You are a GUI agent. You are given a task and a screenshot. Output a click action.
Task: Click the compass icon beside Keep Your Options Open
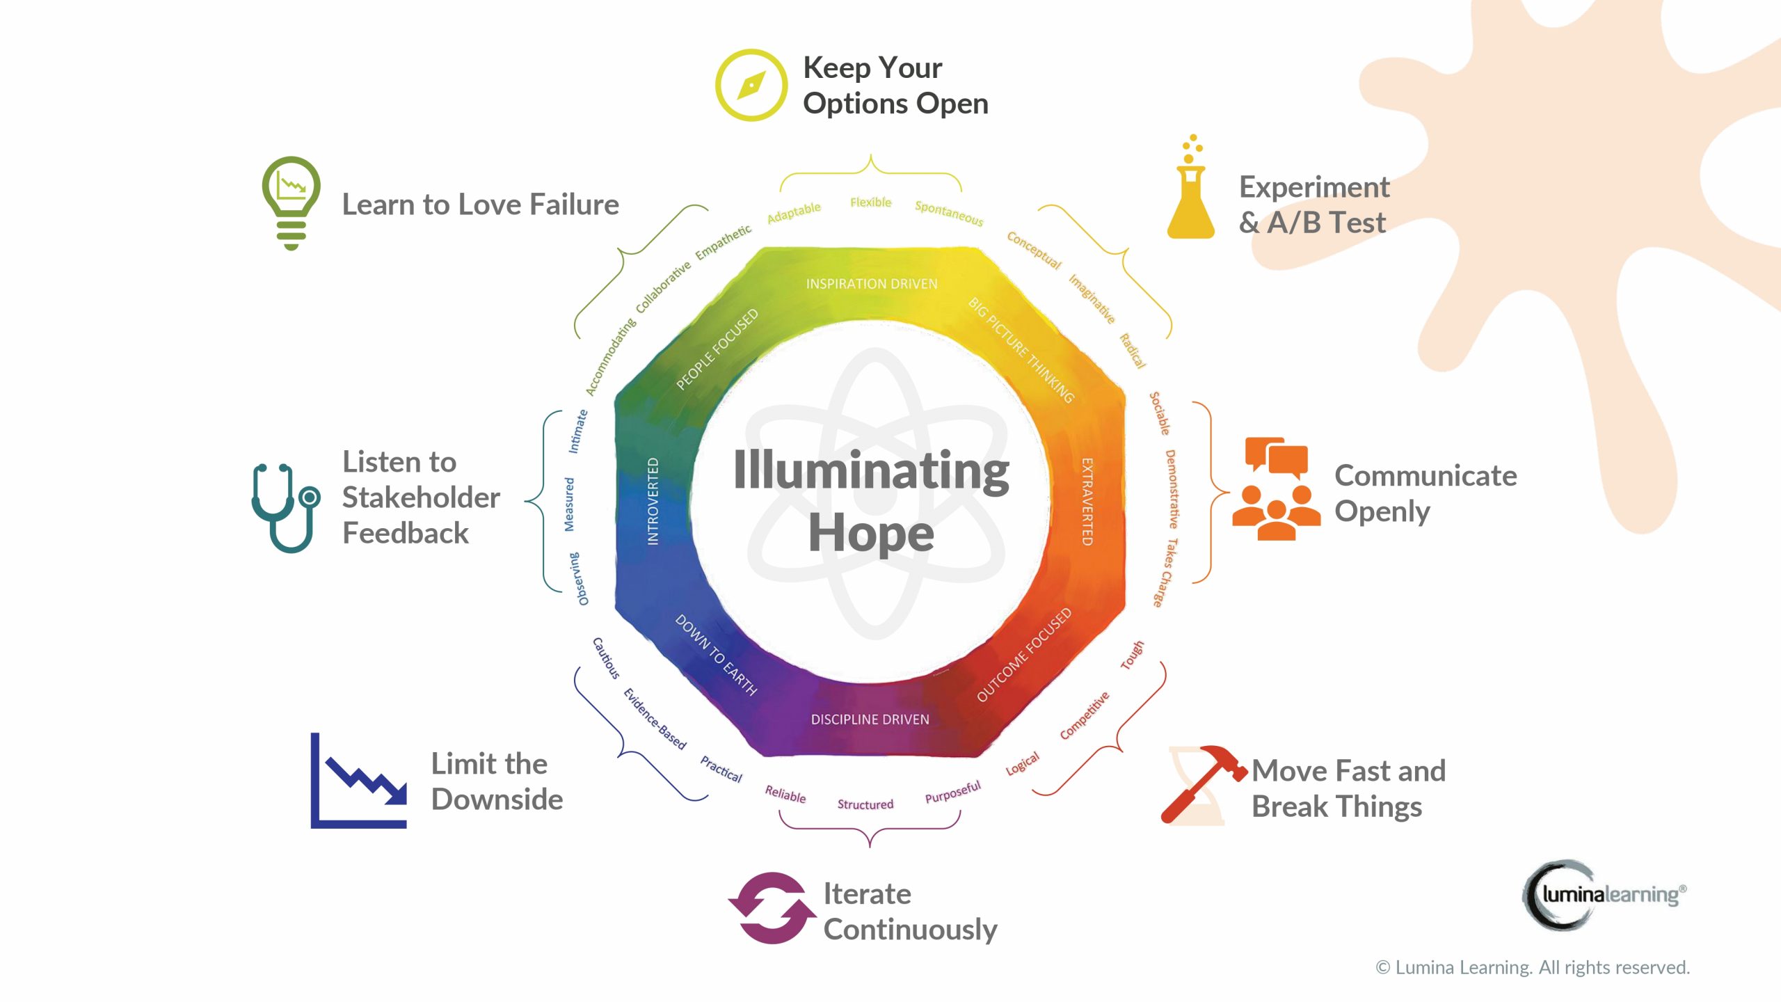(x=751, y=85)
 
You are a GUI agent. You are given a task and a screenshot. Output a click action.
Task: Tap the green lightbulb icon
(x=291, y=202)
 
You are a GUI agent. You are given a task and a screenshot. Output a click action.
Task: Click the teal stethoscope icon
(x=285, y=507)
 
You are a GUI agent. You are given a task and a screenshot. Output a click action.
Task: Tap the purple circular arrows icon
(x=772, y=908)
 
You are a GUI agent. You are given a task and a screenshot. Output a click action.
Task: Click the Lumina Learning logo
(x=1604, y=894)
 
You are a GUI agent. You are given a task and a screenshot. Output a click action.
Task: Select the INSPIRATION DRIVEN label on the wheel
(x=872, y=284)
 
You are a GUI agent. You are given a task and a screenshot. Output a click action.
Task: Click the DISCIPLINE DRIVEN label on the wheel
(x=870, y=719)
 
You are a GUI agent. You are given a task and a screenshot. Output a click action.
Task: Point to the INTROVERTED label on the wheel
(x=653, y=501)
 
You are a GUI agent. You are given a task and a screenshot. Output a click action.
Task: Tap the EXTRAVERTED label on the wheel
(x=1087, y=501)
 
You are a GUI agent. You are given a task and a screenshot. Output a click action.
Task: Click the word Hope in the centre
(x=871, y=533)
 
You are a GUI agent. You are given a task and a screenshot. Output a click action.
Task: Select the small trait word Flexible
(x=870, y=202)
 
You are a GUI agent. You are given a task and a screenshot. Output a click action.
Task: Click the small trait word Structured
(x=865, y=804)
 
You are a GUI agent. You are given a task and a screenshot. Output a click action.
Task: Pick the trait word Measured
(x=569, y=504)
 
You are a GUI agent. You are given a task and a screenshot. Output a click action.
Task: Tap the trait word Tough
(x=1132, y=655)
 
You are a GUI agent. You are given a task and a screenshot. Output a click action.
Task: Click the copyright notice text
(x=1533, y=967)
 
